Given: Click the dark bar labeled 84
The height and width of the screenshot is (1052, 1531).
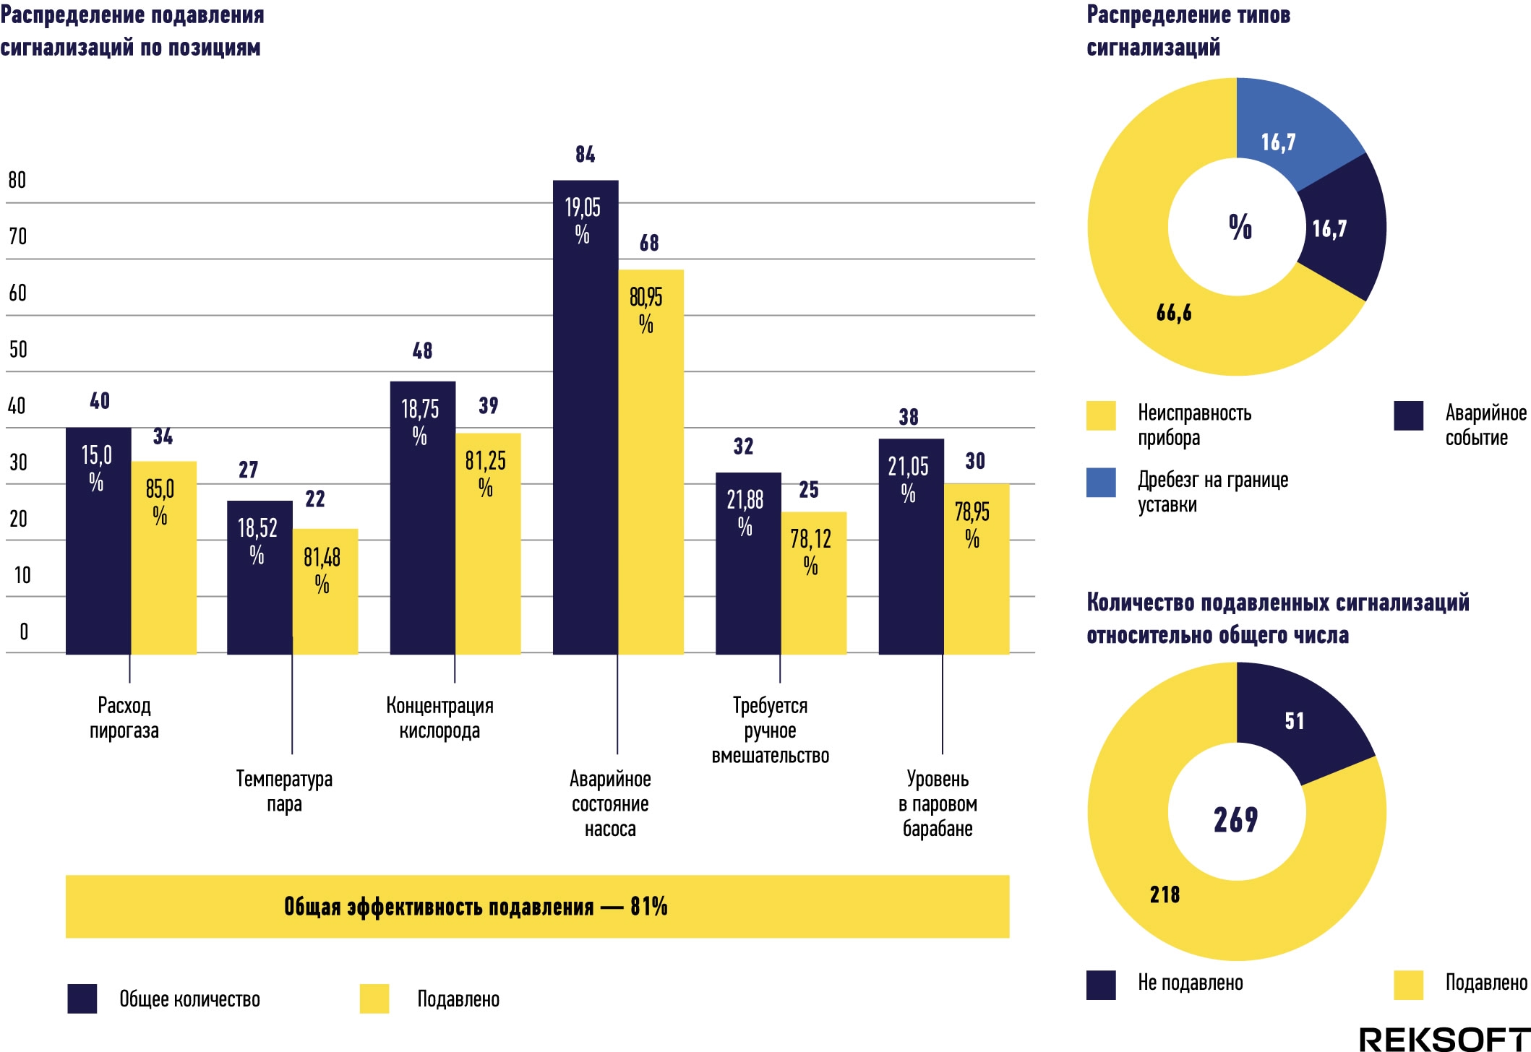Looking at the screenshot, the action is pyautogui.click(x=586, y=417).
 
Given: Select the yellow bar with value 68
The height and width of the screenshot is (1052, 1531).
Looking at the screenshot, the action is pyautogui.click(x=651, y=462).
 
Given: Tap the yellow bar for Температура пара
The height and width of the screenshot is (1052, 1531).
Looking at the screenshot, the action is pyautogui.click(x=325, y=592).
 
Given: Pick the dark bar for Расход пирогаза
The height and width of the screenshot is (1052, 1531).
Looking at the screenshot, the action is pyautogui.click(x=98, y=540).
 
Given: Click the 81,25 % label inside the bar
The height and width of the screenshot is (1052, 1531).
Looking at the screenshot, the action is pyautogui.click(x=486, y=473).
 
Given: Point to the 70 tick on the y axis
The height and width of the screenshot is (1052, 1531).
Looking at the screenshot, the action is pyautogui.click(x=17, y=236).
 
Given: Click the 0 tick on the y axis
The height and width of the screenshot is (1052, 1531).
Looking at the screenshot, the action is pyautogui.click(x=24, y=631).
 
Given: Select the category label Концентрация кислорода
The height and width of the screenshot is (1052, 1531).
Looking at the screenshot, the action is pyautogui.click(x=439, y=717).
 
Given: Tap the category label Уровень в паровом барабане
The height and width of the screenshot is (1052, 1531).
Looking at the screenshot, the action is pyautogui.click(x=938, y=803).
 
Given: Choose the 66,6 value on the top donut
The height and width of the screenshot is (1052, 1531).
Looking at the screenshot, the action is pyautogui.click(x=1174, y=313).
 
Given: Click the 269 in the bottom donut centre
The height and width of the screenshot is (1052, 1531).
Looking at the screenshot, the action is pyautogui.click(x=1236, y=819).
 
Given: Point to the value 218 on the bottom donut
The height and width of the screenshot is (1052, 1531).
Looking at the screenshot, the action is pyautogui.click(x=1165, y=894).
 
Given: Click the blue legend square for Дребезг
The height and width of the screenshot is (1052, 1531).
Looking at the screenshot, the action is pyautogui.click(x=1101, y=483).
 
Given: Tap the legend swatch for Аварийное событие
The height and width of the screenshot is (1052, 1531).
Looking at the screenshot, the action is pyautogui.click(x=1408, y=415).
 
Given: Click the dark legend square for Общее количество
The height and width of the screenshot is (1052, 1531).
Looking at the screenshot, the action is pyautogui.click(x=82, y=999).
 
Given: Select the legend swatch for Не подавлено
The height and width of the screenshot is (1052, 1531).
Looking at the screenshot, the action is pyautogui.click(x=1101, y=985).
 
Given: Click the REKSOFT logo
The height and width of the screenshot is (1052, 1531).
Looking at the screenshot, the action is pyautogui.click(x=1444, y=1039).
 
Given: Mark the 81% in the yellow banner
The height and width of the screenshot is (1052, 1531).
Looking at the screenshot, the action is pyautogui.click(x=648, y=906).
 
